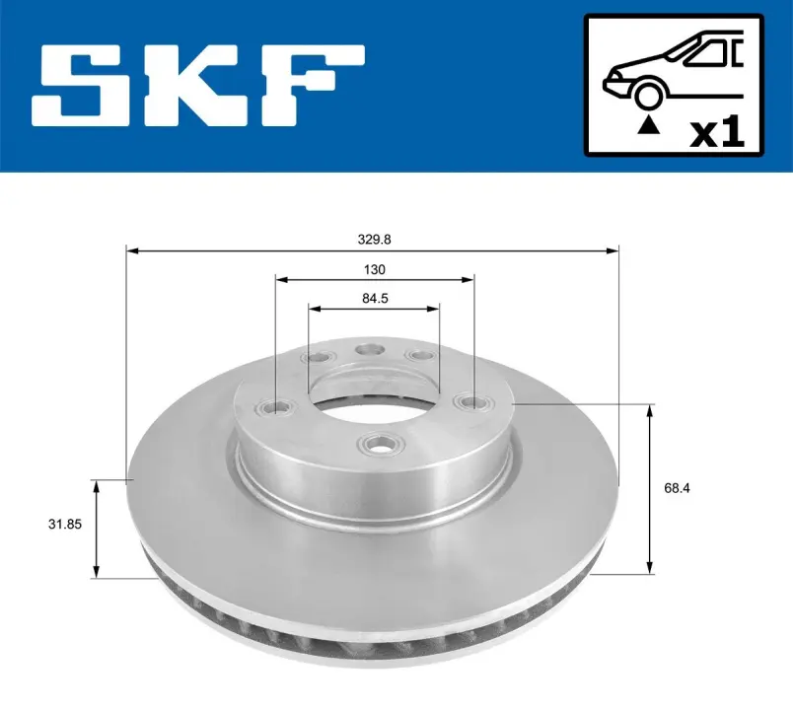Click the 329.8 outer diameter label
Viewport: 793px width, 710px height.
[374, 240]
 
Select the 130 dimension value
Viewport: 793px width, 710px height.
[374, 269]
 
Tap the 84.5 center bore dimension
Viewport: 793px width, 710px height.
[375, 299]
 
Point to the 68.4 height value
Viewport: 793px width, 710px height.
[677, 488]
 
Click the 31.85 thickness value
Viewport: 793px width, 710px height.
[65, 524]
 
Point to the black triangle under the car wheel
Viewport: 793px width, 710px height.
[649, 124]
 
